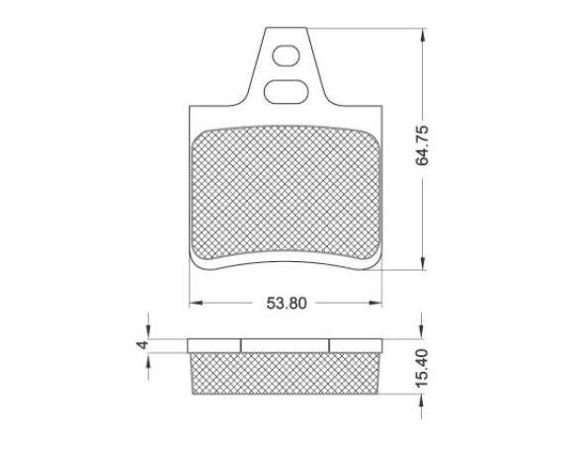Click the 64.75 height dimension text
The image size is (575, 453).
[x=422, y=145]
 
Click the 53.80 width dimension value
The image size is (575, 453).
[x=287, y=304]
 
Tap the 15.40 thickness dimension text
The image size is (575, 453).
[x=422, y=368]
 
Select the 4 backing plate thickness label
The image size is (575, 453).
[x=142, y=345]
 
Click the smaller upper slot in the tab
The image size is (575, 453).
[x=287, y=55]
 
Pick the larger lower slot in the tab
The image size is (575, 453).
[x=286, y=92]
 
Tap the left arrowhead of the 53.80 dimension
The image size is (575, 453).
[x=196, y=303]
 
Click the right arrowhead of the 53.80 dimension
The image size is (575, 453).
[x=375, y=303]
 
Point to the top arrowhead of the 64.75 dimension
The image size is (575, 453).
[x=423, y=35]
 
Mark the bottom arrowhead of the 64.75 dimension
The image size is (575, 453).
[x=423, y=263]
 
